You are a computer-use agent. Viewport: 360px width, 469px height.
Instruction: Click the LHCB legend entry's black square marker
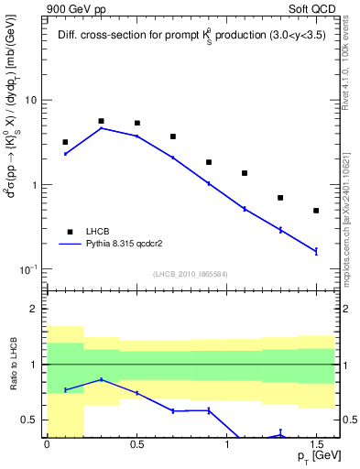(x=67, y=232)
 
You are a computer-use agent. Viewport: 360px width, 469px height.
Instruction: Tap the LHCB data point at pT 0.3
(x=101, y=121)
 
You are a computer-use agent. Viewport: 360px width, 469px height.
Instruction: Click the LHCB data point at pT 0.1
(x=65, y=142)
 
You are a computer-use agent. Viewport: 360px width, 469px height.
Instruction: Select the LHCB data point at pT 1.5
(x=316, y=211)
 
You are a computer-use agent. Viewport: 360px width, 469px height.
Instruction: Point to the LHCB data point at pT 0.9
(x=209, y=162)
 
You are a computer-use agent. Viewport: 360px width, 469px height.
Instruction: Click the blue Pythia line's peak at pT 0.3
(x=101, y=128)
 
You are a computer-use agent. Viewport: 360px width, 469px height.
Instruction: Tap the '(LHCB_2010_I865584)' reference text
(x=190, y=274)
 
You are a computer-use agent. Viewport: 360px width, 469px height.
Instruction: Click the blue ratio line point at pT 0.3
(x=101, y=379)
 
